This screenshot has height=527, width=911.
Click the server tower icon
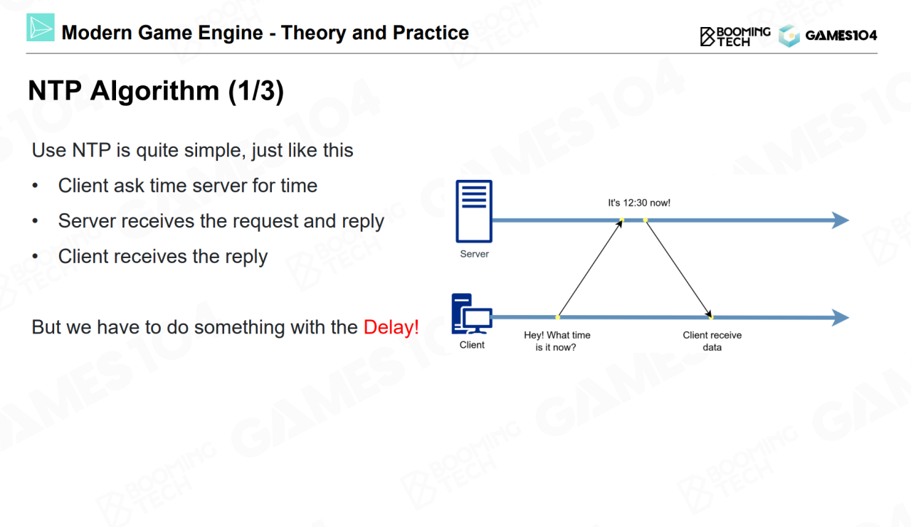474,211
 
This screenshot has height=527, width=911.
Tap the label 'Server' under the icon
475,254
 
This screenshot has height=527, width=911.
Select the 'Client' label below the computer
472,345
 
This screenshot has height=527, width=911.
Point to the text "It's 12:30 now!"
639,203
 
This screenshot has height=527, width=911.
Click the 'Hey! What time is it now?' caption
557,341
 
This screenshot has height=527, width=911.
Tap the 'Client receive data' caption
712,341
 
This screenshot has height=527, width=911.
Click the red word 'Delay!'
391,327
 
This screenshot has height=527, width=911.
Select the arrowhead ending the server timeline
841,220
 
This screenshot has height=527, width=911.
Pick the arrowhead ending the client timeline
841,317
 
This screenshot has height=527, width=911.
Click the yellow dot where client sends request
558,317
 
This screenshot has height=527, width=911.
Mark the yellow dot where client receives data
710,317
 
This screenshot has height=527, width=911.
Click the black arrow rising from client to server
590,269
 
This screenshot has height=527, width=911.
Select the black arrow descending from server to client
678,268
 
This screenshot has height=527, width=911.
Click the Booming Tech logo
735,36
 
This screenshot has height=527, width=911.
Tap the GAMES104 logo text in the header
841,36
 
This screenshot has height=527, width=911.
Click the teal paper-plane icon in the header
41,28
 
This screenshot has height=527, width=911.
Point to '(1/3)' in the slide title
256,91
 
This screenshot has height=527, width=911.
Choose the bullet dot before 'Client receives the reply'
36,257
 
